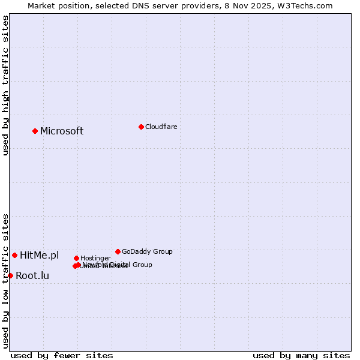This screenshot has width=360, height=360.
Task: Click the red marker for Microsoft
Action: click(x=35, y=131)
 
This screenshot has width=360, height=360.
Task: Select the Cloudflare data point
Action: click(x=141, y=127)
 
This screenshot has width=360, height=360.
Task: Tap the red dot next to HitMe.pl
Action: click(x=14, y=255)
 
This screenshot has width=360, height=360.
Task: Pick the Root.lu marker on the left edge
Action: click(x=10, y=275)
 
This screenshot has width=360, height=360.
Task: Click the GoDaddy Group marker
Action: click(x=118, y=251)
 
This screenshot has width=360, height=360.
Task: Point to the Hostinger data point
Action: click(x=76, y=258)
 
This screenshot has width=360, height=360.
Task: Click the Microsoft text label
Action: click(x=62, y=131)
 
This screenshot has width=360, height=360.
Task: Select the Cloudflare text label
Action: click(x=161, y=127)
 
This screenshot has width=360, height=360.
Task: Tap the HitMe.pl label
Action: click(x=40, y=255)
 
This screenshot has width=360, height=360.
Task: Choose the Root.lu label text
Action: click(x=32, y=275)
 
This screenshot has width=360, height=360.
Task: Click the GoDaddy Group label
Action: click(x=147, y=251)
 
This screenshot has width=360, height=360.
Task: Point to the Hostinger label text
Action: click(x=95, y=258)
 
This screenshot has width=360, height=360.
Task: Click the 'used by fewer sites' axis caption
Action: click(x=62, y=355)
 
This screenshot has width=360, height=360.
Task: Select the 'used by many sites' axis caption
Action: click(x=301, y=355)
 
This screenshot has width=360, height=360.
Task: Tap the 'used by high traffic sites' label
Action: click(x=5, y=85)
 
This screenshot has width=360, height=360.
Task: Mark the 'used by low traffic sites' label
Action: click(x=5, y=281)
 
